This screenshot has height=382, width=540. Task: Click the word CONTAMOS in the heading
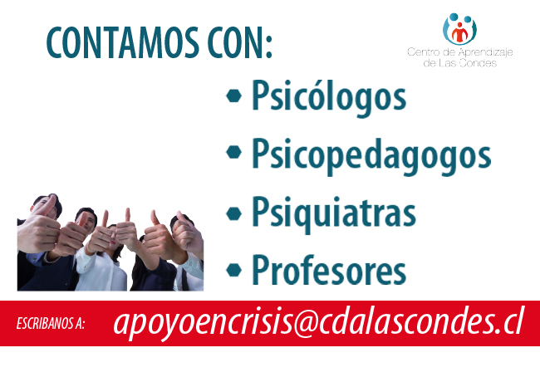[123, 42]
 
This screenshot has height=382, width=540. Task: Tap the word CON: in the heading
[240, 42]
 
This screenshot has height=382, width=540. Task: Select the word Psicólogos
[329, 96]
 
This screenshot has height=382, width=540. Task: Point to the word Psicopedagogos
[371, 154]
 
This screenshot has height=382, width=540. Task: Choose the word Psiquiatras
[334, 213]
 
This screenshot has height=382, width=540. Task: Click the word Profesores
[329, 270]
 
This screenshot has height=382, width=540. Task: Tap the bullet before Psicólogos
[233, 95]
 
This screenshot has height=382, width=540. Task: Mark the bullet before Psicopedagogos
[233, 152]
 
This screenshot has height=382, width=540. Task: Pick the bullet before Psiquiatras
[233, 213]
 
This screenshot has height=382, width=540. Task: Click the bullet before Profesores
[233, 270]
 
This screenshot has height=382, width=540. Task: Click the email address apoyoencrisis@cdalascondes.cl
[318, 323]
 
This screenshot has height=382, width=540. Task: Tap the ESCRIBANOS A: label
[51, 324]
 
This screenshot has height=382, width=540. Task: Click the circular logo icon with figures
[459, 29]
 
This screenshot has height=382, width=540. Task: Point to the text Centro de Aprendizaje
[459, 52]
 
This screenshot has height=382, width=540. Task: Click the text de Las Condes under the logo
[459, 63]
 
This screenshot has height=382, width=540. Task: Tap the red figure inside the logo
[459, 32]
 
